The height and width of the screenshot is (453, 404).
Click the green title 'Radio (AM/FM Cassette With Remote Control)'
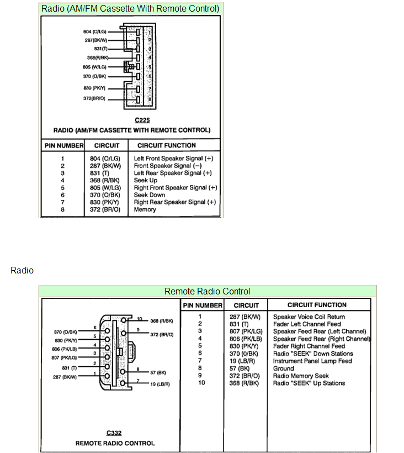pos(130,8)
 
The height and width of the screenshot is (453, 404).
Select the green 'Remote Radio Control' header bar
pos(208,291)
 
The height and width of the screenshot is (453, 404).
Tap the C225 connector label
pos(142,120)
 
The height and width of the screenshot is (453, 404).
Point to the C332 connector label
pos(114,433)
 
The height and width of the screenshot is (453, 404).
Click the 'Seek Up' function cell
pos(146,180)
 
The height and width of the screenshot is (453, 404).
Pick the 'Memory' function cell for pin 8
pos(145,209)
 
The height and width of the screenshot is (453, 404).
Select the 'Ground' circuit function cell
pos(284,368)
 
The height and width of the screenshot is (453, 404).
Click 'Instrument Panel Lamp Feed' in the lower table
pos(312,361)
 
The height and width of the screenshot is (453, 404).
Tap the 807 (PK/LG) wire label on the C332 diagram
pos(65,357)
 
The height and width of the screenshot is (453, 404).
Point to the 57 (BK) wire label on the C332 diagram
pos(160,373)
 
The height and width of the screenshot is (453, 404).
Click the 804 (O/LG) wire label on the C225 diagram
pos(94,32)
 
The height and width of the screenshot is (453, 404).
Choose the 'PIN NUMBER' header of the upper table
pos(63,145)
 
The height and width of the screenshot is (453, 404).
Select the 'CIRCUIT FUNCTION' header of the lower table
pos(317,305)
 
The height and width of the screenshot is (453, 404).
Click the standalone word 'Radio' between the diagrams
pos(22,271)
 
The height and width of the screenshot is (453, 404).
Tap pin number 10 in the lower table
pos(201,383)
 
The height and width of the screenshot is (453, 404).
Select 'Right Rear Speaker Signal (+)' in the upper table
pos(175,202)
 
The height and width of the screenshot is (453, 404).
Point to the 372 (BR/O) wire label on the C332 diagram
pos(162,335)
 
